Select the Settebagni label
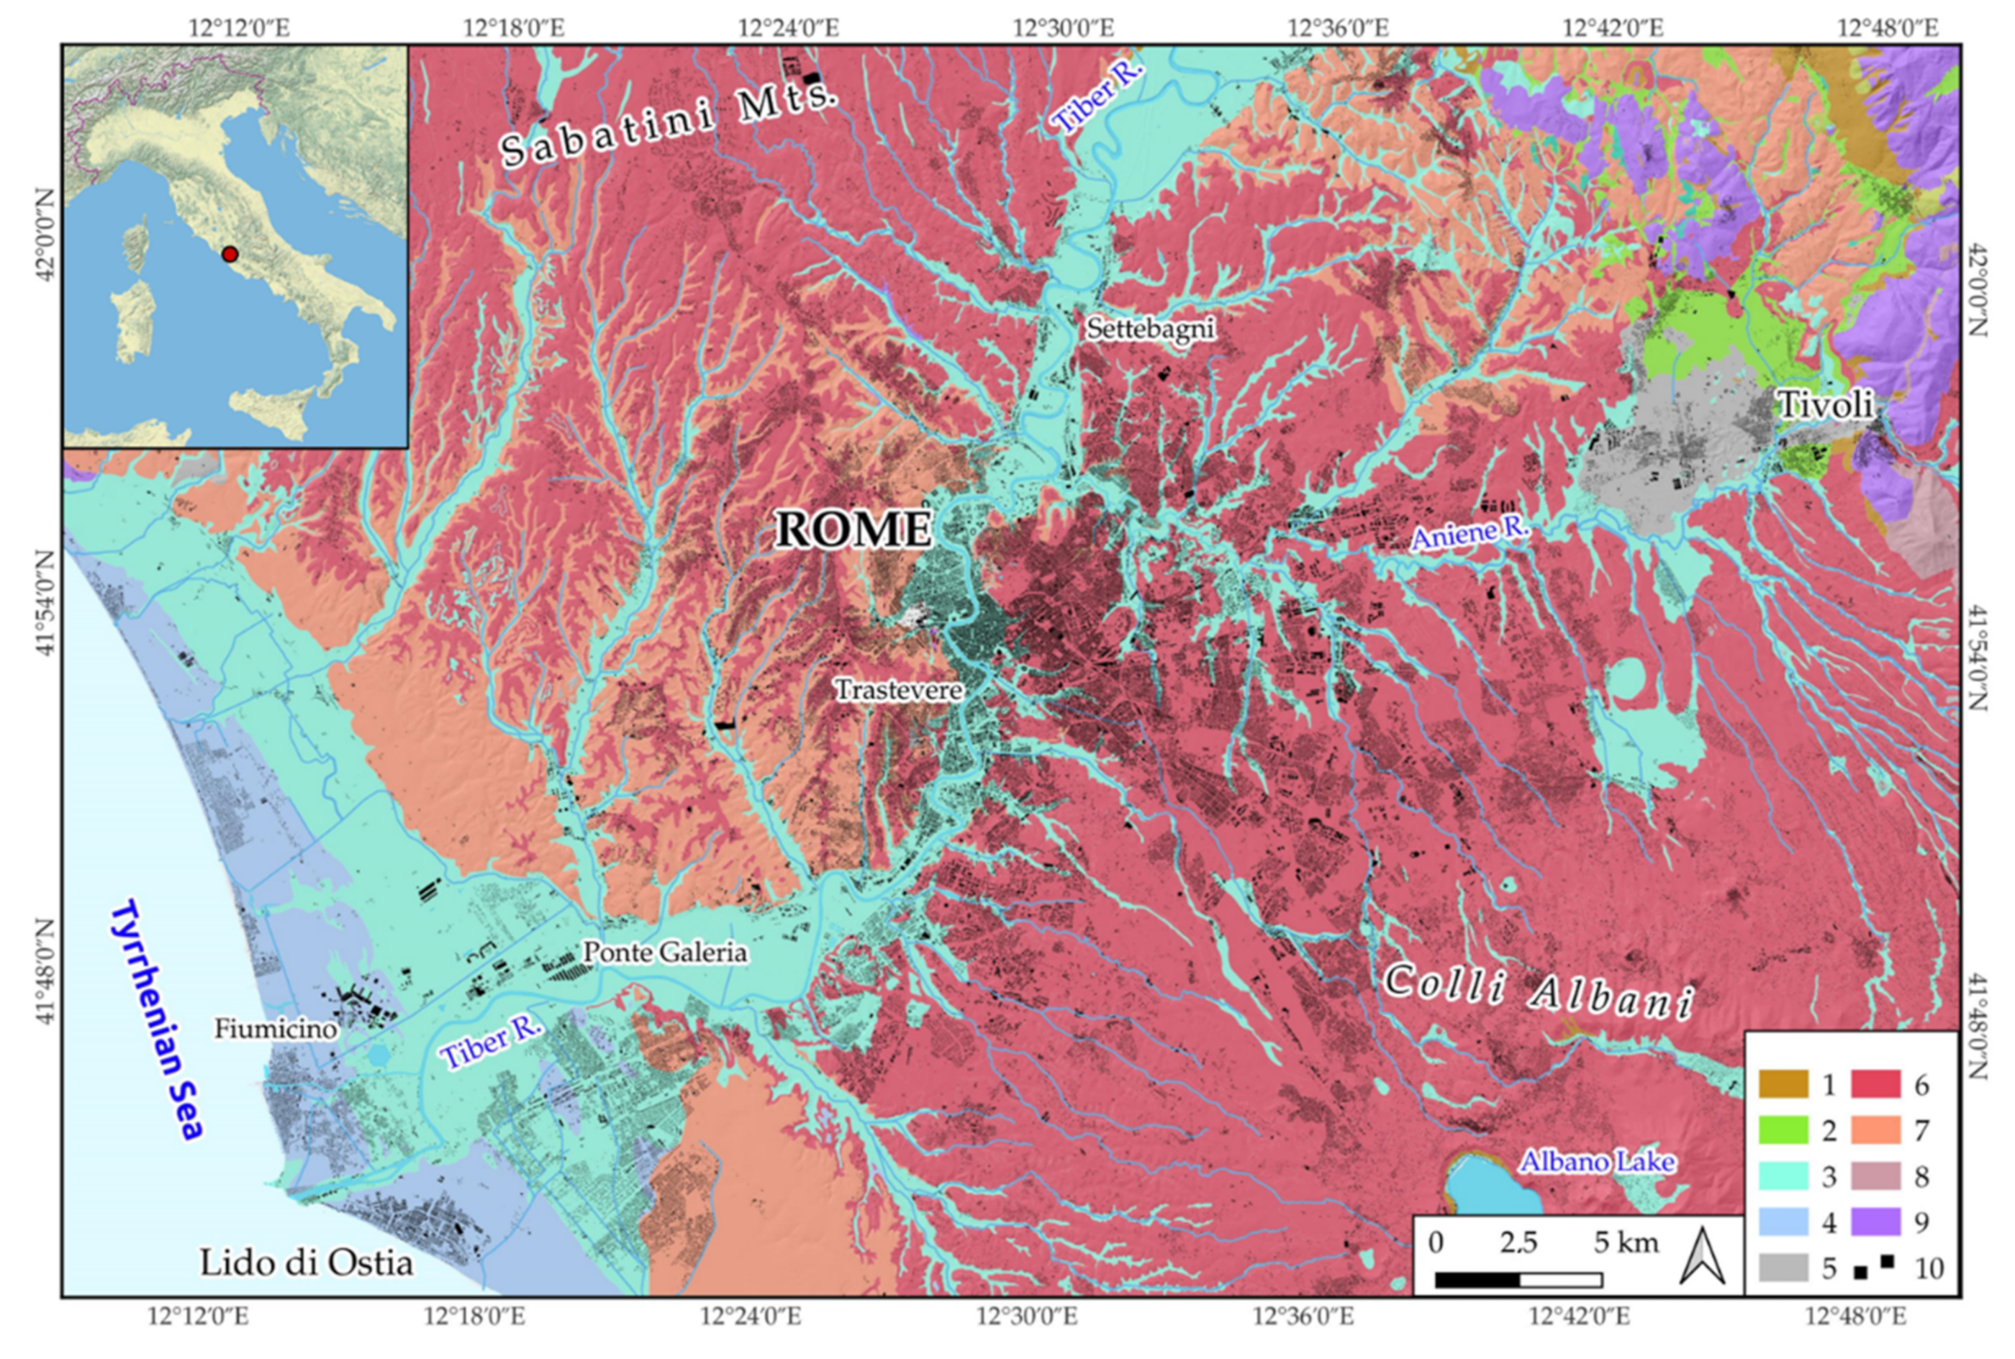[x=1150, y=329]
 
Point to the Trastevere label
[x=898, y=690]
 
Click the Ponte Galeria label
[x=664, y=953]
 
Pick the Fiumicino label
[x=276, y=1029]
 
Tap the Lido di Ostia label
[x=306, y=1263]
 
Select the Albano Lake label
[x=1596, y=1161]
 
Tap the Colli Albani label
[x=1537, y=991]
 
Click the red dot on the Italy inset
[x=230, y=254]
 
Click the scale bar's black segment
[x=1477, y=1280]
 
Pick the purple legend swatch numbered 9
[x=1875, y=1222]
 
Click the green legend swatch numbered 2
[x=1783, y=1130]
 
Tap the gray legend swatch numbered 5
[x=1783, y=1267]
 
